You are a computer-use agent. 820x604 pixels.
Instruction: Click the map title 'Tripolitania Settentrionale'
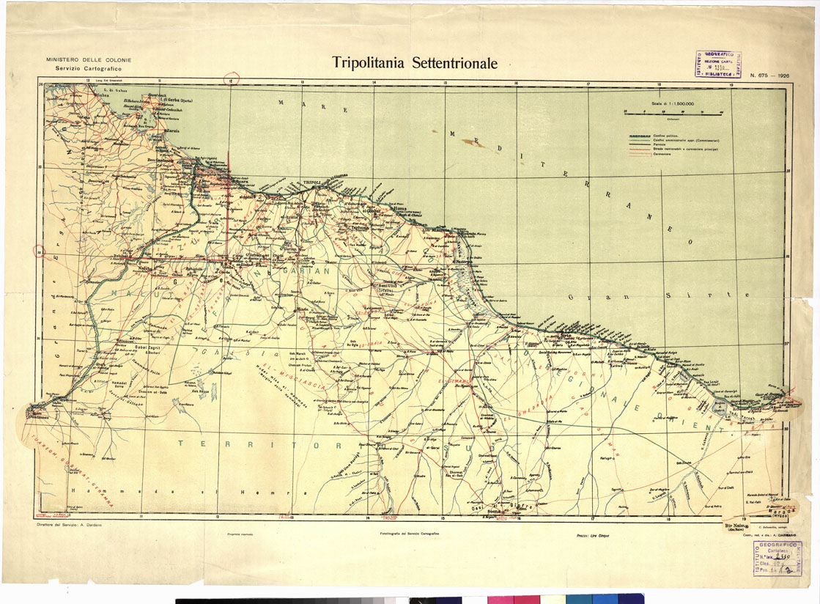tap(415, 63)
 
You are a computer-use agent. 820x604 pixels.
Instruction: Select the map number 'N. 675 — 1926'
tap(769, 75)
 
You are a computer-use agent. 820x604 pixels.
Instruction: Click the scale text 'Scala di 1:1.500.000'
tap(673, 105)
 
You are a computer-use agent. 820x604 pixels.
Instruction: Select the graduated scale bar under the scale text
tap(673, 112)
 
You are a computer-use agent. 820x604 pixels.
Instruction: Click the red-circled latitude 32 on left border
tap(40, 251)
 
